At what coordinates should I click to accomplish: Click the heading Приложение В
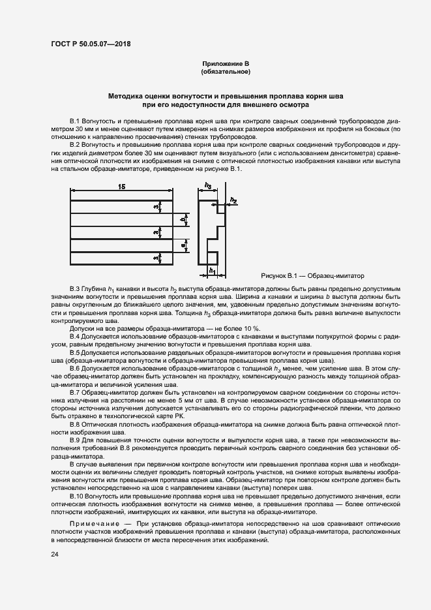click(x=226, y=63)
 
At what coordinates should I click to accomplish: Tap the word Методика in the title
click(x=130, y=96)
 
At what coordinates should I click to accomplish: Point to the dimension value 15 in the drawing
click(x=122, y=187)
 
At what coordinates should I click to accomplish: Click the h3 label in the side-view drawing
click(x=208, y=185)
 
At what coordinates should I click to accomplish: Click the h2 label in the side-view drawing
click(x=233, y=200)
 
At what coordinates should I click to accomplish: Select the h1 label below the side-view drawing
click(x=212, y=269)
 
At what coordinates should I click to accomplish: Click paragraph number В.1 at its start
click(x=74, y=122)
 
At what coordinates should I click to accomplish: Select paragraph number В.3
click(x=74, y=288)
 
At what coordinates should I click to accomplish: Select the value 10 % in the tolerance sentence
click(x=249, y=328)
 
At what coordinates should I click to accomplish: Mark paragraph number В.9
click(x=74, y=440)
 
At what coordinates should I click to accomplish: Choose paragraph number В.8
click(x=74, y=424)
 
